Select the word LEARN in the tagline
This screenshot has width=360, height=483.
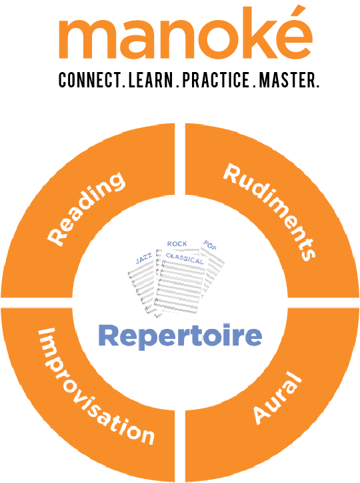pyautogui.click(x=151, y=80)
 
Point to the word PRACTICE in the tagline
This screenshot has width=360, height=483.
pyautogui.click(x=215, y=80)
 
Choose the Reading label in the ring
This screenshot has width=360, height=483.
pyautogui.click(x=86, y=209)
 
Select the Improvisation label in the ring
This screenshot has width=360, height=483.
pyautogui.click(x=96, y=386)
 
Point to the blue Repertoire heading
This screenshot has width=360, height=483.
pyautogui.click(x=180, y=336)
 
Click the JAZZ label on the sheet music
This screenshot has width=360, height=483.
pyautogui.click(x=144, y=259)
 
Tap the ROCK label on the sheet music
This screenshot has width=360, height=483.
pyautogui.click(x=177, y=244)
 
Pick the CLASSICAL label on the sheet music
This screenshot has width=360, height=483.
pyautogui.click(x=185, y=259)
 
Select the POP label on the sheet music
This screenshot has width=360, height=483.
pyautogui.click(x=209, y=245)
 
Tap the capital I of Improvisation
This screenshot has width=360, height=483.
pyautogui.click(x=46, y=334)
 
